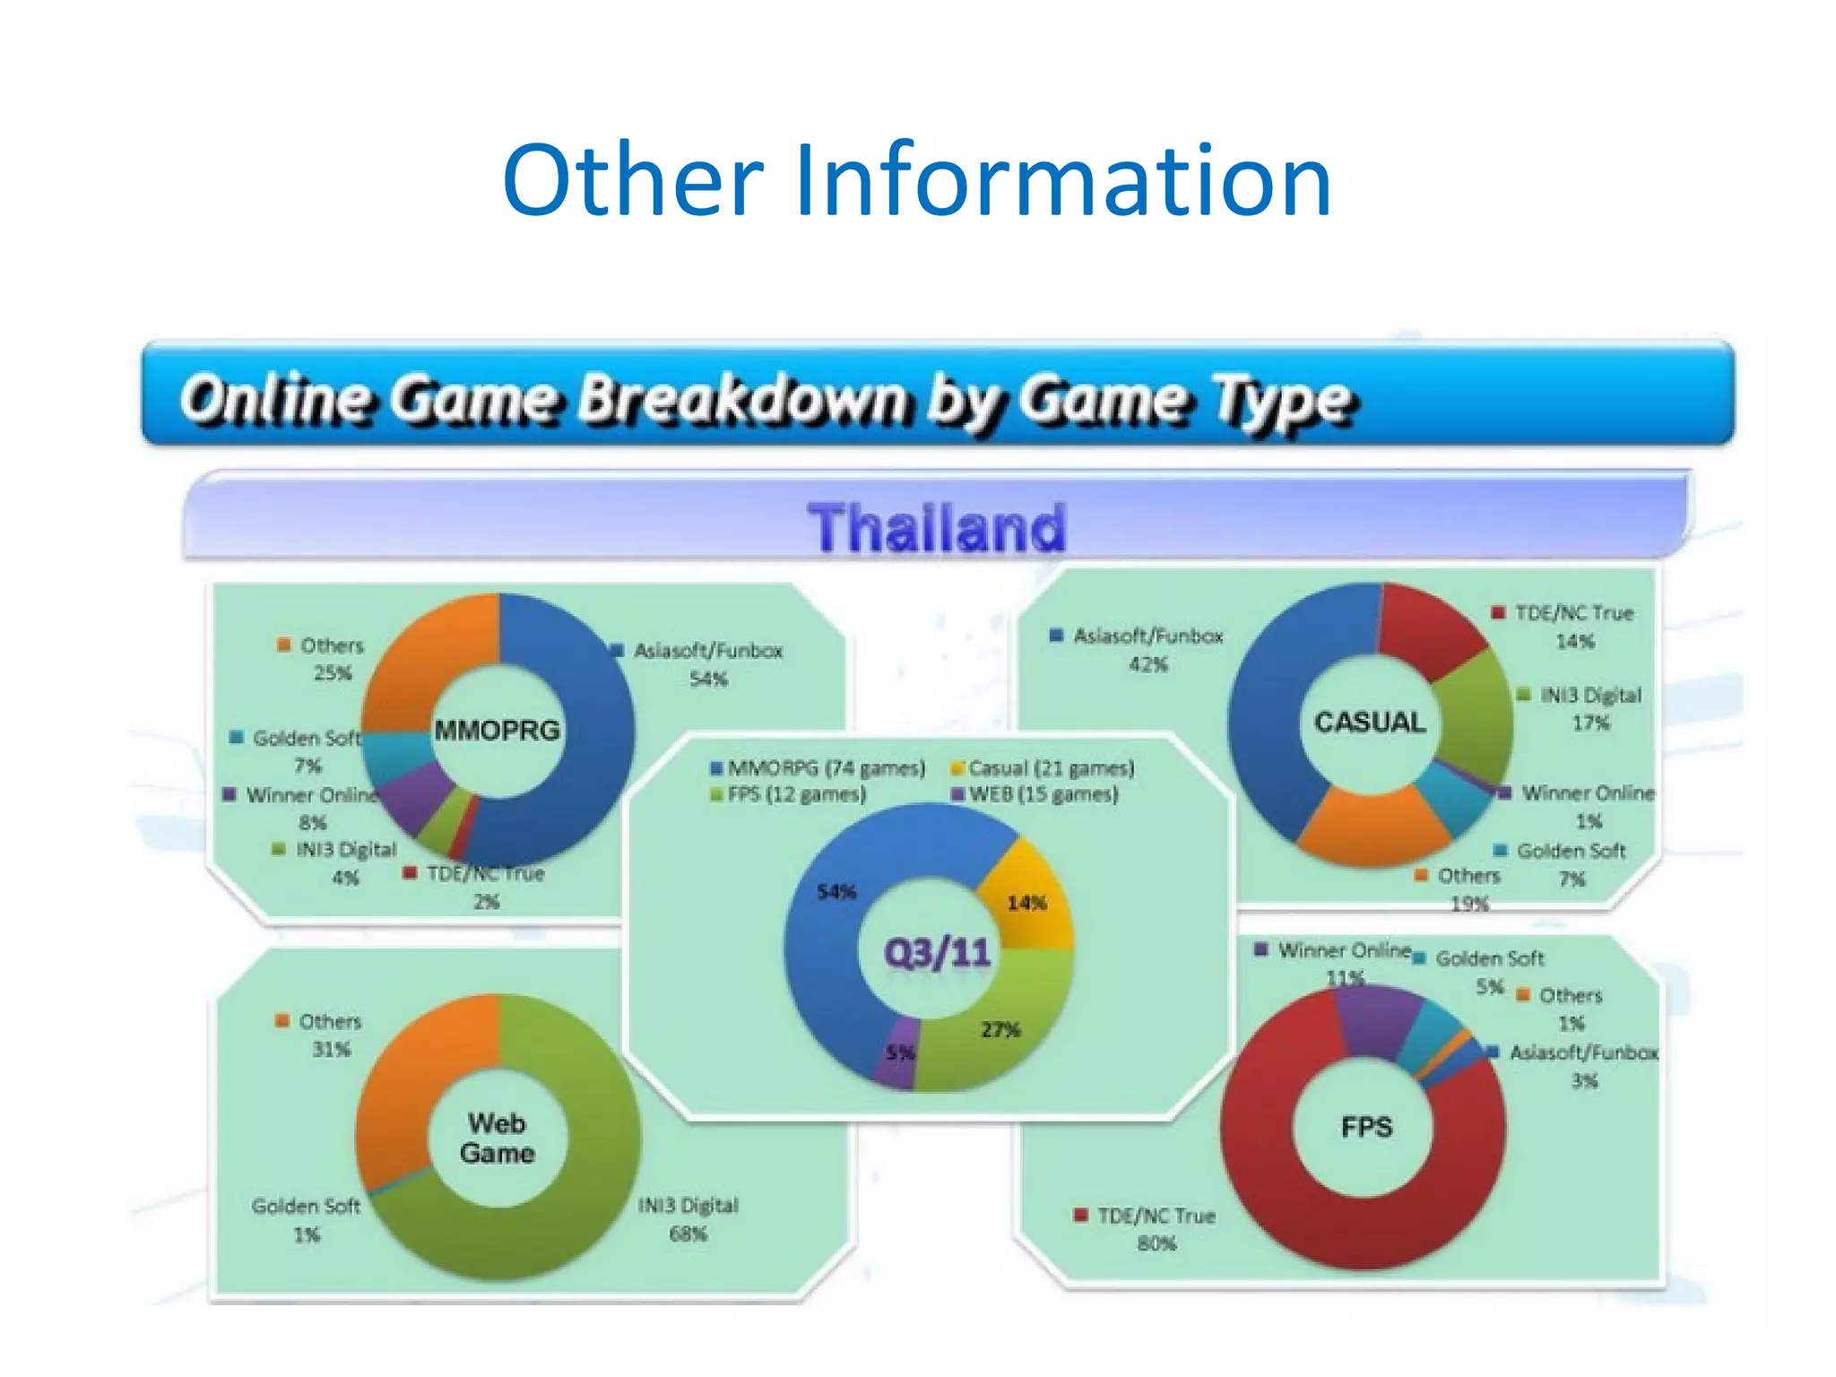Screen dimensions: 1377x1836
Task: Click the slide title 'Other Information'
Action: [x=916, y=182]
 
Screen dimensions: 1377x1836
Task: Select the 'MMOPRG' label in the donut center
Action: [x=497, y=730]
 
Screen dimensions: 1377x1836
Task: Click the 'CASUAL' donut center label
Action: [x=1369, y=722]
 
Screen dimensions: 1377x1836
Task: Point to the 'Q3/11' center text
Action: [x=937, y=951]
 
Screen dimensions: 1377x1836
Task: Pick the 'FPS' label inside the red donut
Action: [x=1366, y=1127]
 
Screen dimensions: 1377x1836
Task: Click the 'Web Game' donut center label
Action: [x=497, y=1138]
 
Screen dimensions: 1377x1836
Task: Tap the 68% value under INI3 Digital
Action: [x=688, y=1234]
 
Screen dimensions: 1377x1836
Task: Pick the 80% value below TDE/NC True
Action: [x=1156, y=1243]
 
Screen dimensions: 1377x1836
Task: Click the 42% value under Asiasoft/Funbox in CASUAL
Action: [x=1147, y=664]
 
